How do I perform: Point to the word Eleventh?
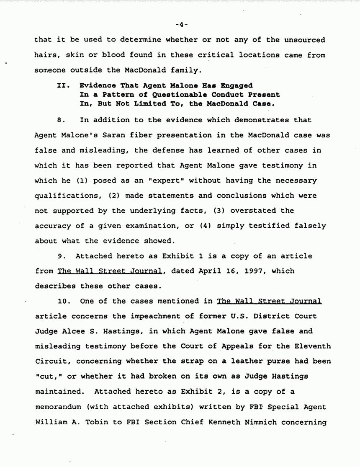click(x=310, y=346)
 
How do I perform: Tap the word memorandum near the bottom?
click(x=57, y=407)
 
